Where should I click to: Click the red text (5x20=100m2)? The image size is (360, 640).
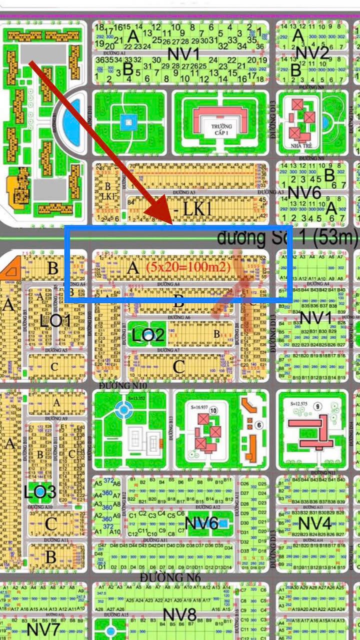[x=188, y=268]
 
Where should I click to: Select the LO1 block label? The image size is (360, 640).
[x=55, y=320]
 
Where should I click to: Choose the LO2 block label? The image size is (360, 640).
[x=148, y=335]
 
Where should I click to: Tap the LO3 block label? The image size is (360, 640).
[x=40, y=492]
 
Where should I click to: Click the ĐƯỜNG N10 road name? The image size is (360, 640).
[x=123, y=386]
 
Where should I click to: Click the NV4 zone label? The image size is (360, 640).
[x=314, y=524]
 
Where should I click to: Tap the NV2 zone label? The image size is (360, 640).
[x=312, y=53]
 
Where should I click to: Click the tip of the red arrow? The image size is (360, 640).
[x=169, y=220]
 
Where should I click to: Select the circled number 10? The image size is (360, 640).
[x=213, y=411]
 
